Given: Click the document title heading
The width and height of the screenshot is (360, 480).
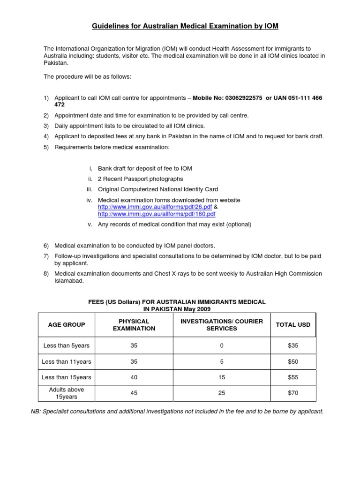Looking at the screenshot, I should pos(185,26).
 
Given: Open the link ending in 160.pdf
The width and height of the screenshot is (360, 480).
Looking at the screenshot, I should pos(157,214).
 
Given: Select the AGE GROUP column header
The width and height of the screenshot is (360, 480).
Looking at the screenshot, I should pos(67,324).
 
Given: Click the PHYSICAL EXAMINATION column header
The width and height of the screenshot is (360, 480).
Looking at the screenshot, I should pos(134,324).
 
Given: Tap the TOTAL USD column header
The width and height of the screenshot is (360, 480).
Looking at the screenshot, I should pos(293,324).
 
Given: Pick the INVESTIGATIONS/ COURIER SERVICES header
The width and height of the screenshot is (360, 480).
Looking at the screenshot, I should pos(222,324).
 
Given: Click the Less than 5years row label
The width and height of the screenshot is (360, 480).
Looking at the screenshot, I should pos(67,345).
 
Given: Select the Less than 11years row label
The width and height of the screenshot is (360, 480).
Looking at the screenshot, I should pos(67,361).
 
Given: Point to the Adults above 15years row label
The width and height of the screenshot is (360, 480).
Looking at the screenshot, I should pos(67,393).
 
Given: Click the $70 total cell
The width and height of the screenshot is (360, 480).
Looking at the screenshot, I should pos(293,393).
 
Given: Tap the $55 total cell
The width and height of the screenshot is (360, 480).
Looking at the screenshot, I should pos(293,377).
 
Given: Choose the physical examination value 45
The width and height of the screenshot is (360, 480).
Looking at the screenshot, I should pos(134,393).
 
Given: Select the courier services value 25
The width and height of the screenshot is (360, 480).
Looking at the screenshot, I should pos(222,393).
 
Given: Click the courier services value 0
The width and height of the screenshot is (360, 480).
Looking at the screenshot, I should pos(222,345).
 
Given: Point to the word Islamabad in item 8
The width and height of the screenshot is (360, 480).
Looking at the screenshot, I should pos(69,281).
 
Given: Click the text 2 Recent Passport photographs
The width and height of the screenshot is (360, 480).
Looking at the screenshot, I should pos(140,179).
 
